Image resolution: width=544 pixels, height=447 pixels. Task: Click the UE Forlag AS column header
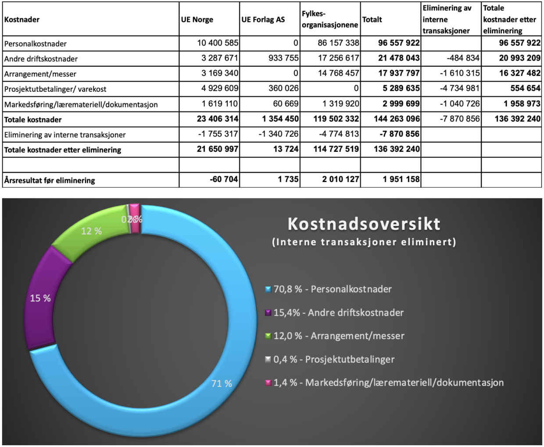(x=263, y=20)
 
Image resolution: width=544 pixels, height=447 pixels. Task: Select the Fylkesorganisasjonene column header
(x=329, y=20)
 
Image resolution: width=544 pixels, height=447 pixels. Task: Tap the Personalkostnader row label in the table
(x=36, y=44)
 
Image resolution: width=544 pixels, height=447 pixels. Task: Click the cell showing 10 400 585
(x=218, y=43)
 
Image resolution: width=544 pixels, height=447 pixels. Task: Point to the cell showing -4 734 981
(x=459, y=88)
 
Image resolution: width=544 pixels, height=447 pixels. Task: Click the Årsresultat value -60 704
(x=224, y=179)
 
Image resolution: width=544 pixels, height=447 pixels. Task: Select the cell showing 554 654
(x=525, y=88)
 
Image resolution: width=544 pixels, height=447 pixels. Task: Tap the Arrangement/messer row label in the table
(x=40, y=74)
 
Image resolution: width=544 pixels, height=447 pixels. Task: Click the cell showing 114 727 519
(x=336, y=149)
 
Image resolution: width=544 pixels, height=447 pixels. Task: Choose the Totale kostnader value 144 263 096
(x=397, y=119)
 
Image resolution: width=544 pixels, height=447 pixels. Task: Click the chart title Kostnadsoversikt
(x=364, y=224)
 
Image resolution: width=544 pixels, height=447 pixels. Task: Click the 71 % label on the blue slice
(x=222, y=383)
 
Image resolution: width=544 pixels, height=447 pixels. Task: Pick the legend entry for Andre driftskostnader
(x=338, y=313)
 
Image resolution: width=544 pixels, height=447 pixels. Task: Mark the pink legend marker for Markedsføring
(x=268, y=383)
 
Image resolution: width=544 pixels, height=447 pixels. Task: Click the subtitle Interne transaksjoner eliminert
(x=364, y=242)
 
